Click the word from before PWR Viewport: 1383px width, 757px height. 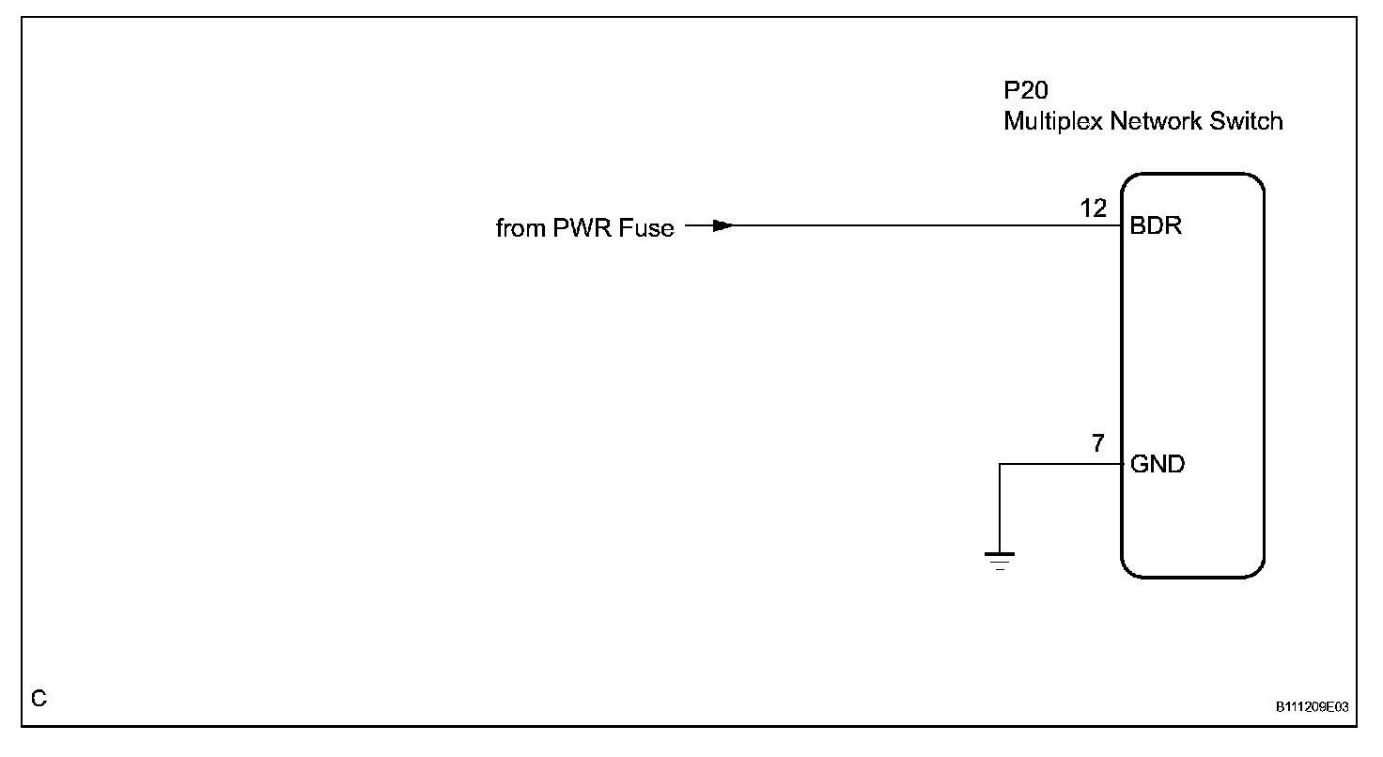[x=517, y=228]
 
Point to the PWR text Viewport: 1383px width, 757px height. [x=581, y=228]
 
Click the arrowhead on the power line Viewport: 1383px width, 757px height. [x=722, y=226]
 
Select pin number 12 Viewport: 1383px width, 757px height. [x=1095, y=208]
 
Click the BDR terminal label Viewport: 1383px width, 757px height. [x=1156, y=227]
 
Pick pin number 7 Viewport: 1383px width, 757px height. [x=1098, y=444]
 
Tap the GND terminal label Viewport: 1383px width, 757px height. [x=1158, y=464]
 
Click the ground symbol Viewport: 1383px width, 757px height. [x=1000, y=562]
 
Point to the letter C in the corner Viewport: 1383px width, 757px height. [x=39, y=699]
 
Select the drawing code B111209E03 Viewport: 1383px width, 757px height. [x=1312, y=707]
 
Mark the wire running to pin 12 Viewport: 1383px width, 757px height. [x=921, y=226]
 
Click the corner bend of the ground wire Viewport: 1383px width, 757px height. [x=1000, y=464]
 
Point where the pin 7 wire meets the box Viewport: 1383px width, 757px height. [x=1121, y=464]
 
